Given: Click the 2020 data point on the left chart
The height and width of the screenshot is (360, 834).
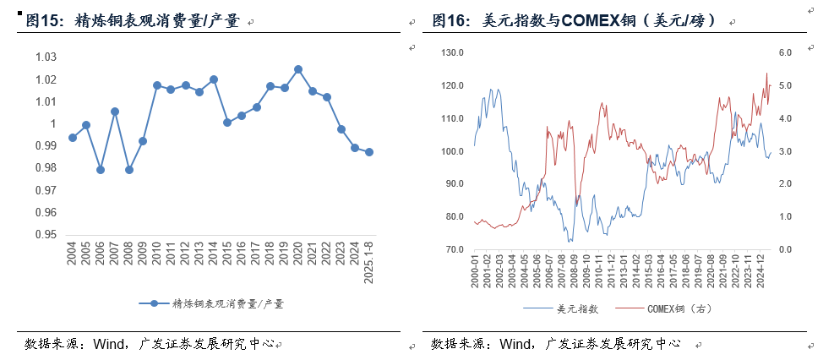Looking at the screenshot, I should (298, 69).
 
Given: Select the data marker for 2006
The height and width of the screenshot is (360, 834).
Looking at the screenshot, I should (101, 170).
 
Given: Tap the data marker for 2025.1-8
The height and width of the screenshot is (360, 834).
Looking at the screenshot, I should (369, 152).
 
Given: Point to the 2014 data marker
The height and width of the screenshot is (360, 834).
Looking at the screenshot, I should (214, 79).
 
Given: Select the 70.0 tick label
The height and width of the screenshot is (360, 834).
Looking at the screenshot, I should (455, 250).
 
